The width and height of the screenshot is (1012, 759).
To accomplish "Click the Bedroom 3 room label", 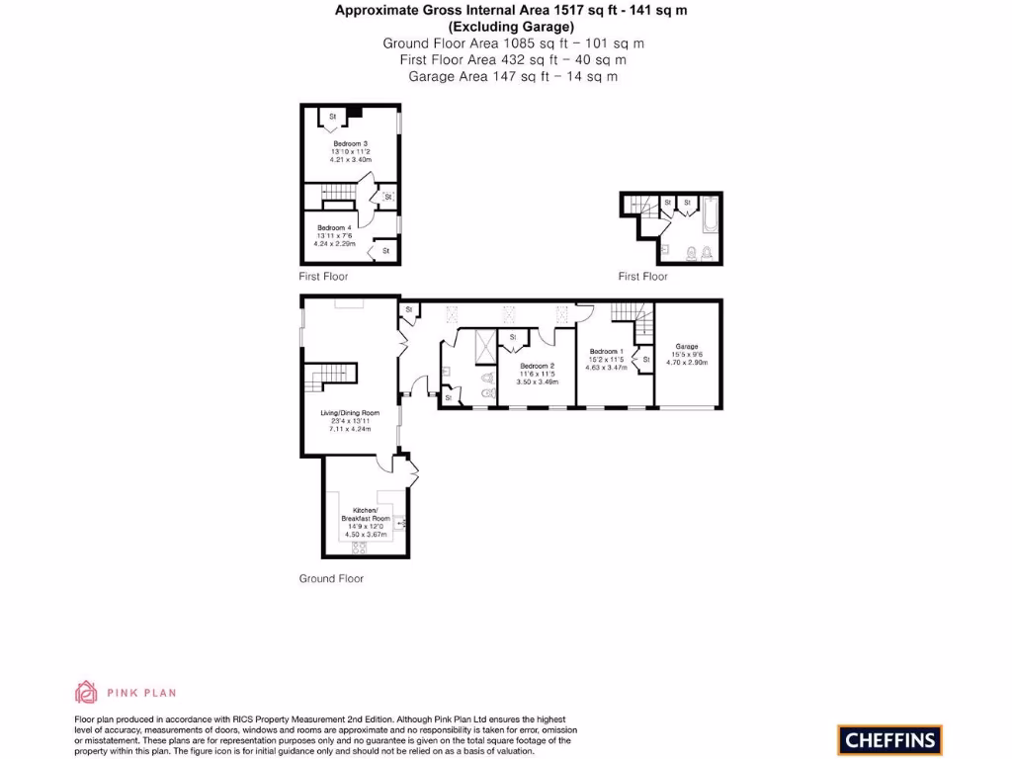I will [x=350, y=143].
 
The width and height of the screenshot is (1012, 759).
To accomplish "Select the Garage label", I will [x=687, y=347].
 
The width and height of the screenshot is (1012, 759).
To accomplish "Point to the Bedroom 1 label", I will [x=605, y=352].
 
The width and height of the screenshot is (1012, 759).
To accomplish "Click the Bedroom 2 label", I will [x=537, y=366].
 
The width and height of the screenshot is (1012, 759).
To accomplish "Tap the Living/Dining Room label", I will [x=350, y=413].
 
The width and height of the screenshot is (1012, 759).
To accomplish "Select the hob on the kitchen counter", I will [x=359, y=547].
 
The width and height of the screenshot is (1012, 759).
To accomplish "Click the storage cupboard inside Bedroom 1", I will [x=645, y=360].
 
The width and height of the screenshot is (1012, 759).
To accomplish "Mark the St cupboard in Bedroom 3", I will [x=333, y=118].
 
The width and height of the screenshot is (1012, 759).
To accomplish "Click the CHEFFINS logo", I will [x=889, y=739].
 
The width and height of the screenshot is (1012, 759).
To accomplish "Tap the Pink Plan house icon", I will [x=86, y=692].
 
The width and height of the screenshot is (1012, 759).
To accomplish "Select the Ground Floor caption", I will [x=331, y=578].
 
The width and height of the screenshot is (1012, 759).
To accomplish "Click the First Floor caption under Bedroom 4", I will [x=324, y=277].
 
